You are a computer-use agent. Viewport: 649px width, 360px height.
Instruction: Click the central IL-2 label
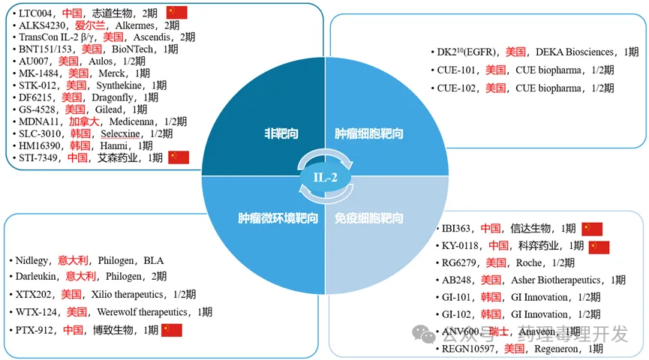326,177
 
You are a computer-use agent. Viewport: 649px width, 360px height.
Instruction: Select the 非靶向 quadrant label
281,134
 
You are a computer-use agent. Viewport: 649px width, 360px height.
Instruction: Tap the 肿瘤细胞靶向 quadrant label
368,134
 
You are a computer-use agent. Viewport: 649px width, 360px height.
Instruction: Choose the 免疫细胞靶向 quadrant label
368,218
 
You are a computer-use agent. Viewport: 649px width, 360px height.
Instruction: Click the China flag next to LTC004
176,12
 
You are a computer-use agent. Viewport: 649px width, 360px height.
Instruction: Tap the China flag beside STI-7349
178,157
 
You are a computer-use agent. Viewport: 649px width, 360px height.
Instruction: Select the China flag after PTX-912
172,330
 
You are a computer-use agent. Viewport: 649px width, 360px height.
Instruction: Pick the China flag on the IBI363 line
592,229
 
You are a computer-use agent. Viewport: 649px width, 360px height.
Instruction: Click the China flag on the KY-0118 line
599,246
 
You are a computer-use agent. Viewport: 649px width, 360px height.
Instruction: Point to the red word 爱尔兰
90,25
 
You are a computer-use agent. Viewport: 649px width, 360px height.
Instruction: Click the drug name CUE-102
457,88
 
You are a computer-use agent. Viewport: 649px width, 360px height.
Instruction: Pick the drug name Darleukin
38,276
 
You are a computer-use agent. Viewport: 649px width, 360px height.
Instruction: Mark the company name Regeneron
558,349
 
